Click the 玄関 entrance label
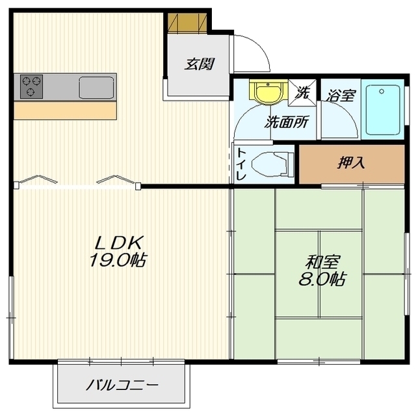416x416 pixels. pyautogui.click(x=200, y=64)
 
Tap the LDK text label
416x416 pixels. pyautogui.click(x=120, y=242)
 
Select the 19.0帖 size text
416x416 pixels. pyautogui.click(x=118, y=260)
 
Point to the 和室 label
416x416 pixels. pyautogui.click(x=322, y=262)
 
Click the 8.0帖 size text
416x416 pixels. pyautogui.click(x=322, y=279)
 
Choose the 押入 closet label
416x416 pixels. pyautogui.click(x=351, y=162)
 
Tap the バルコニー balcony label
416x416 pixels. pyautogui.click(x=122, y=385)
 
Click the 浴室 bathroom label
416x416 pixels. pyautogui.click(x=341, y=96)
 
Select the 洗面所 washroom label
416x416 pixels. pyautogui.click(x=287, y=122)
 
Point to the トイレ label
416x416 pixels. pyautogui.click(x=241, y=164)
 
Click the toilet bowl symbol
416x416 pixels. pyautogui.click(x=272, y=164)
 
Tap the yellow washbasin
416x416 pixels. pyautogui.click(x=268, y=92)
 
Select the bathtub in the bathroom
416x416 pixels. pyautogui.click(x=383, y=110)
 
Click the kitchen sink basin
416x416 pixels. pyautogui.click(x=97, y=88)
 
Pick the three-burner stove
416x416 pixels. pyautogui.click(x=32, y=87)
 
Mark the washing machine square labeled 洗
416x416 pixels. pyautogui.click(x=302, y=92)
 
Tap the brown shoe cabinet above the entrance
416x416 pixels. pyautogui.click(x=187, y=23)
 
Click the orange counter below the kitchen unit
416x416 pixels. pyautogui.click(x=65, y=110)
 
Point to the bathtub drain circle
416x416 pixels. pyautogui.click(x=382, y=92)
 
